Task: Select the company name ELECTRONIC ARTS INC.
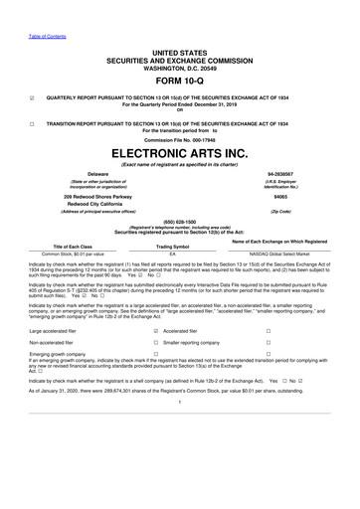pyautogui.click(x=179, y=155)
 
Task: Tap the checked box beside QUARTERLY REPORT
pyautogui.click(x=33, y=97)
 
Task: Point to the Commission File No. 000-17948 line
pyautogui.click(x=179, y=139)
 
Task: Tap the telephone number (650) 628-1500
pyautogui.click(x=179, y=222)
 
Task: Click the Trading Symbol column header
pyautogui.click(x=173, y=246)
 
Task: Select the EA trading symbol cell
pyautogui.click(x=173, y=254)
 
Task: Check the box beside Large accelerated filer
pyautogui.click(x=156, y=329)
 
